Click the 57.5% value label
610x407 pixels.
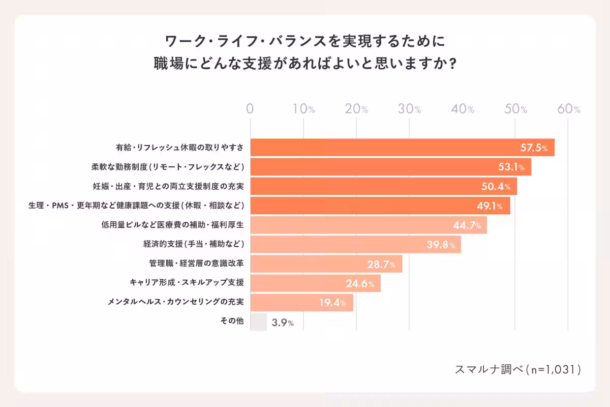tap(534, 148)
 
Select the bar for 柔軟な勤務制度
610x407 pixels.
tap(390, 167)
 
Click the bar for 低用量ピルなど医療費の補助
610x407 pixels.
tap(369, 225)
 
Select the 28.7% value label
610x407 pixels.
tap(381, 264)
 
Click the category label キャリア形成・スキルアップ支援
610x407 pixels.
tap(187, 283)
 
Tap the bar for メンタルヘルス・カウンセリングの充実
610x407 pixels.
tap(301, 303)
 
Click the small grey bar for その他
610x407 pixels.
tap(258, 322)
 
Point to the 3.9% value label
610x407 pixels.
tap(283, 323)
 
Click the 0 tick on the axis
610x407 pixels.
tap(250, 109)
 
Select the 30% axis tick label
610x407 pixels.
tap(409, 109)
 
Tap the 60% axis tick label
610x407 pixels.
tap(569, 109)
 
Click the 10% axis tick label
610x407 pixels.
tap(303, 109)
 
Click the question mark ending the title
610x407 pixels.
tap(451, 64)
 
